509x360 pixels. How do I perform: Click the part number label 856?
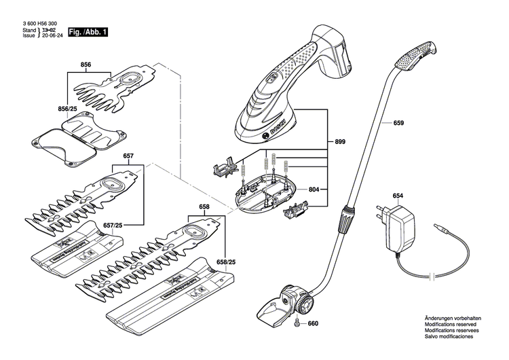tap(86, 65)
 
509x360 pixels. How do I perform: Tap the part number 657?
tap(128, 156)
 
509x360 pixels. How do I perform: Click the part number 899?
tap(339, 141)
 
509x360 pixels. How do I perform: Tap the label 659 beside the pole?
tap(398, 124)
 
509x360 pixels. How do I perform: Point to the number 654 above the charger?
tap(397, 196)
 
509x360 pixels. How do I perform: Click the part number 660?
tap(312, 323)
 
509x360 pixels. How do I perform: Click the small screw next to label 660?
tap(297, 323)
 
